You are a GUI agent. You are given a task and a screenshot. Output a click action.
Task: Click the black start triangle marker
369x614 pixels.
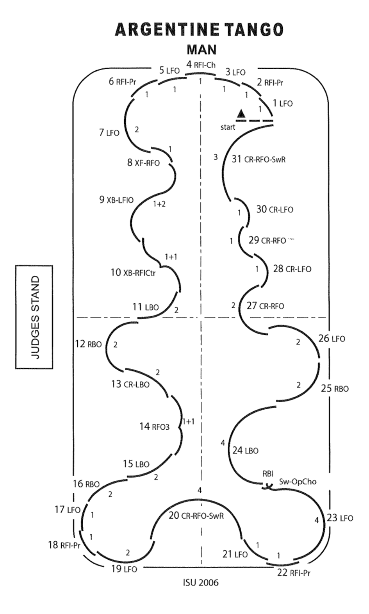pyautogui.click(x=241, y=114)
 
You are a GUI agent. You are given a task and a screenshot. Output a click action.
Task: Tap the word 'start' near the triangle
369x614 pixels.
pyautogui.click(x=228, y=127)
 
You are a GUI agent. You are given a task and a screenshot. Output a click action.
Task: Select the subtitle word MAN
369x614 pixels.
pyautogui.click(x=201, y=50)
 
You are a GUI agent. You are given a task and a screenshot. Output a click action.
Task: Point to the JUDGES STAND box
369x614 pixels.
pyautogui.click(x=34, y=317)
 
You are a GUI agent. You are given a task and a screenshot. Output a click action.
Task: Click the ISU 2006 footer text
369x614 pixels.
pyautogui.click(x=201, y=583)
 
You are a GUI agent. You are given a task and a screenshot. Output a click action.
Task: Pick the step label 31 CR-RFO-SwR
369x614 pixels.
pyautogui.click(x=258, y=159)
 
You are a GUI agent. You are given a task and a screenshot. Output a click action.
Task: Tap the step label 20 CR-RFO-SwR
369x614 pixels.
pyautogui.click(x=196, y=516)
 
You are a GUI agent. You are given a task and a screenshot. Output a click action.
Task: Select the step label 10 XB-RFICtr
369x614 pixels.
pyautogui.click(x=133, y=273)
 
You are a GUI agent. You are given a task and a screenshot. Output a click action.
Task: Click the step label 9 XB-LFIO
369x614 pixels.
pyautogui.click(x=116, y=200)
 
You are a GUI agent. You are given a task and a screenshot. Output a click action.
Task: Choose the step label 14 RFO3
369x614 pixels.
pyautogui.click(x=154, y=427)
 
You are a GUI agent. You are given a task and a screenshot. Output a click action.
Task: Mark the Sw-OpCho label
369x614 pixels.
pyautogui.click(x=298, y=482)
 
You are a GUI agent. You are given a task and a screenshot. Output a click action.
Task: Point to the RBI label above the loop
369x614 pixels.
pyautogui.click(x=268, y=474)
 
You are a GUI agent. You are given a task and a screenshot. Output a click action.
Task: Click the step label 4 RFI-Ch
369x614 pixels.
pyautogui.click(x=201, y=65)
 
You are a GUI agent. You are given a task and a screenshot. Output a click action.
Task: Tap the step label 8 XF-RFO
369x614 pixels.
pyautogui.click(x=143, y=163)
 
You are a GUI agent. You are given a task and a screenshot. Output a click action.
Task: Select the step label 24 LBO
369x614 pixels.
pyautogui.click(x=245, y=450)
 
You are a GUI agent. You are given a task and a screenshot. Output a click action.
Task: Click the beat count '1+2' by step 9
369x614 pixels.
pyautogui.click(x=159, y=204)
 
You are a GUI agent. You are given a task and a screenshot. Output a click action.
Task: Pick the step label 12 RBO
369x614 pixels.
pyautogui.click(x=88, y=344)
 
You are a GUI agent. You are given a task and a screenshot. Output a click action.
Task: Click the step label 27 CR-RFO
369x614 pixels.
pyautogui.click(x=265, y=306)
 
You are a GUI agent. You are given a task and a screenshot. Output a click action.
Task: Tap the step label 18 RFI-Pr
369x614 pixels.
pyautogui.click(x=64, y=545)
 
